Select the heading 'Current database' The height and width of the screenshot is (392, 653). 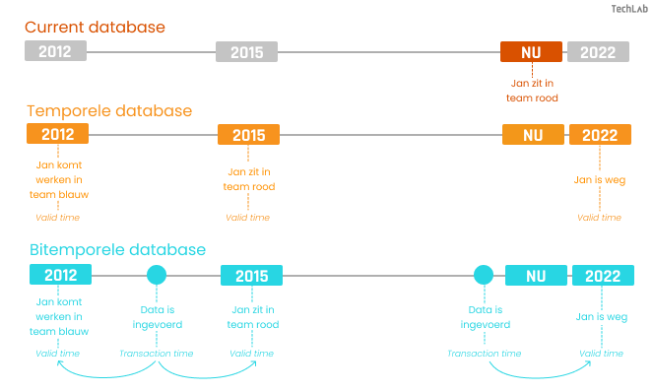(x=95, y=27)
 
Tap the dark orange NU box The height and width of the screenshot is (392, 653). (x=531, y=52)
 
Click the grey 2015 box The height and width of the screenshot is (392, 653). (x=246, y=52)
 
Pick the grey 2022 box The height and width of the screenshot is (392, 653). (x=597, y=52)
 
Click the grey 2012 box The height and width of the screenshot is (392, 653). (x=55, y=51)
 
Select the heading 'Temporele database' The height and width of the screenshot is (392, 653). (x=109, y=111)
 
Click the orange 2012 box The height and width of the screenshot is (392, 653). (x=57, y=134)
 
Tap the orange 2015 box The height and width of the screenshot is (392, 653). (x=248, y=136)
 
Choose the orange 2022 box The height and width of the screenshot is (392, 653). (x=599, y=135)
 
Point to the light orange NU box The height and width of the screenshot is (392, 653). (x=533, y=135)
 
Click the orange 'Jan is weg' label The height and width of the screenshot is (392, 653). (x=599, y=179)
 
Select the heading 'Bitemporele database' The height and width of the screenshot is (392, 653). (x=117, y=249)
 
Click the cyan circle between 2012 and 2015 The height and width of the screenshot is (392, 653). (x=157, y=275)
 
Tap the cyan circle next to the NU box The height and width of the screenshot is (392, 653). (x=483, y=275)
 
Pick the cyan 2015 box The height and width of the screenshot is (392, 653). (x=251, y=276)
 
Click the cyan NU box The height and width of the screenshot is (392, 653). (x=536, y=276)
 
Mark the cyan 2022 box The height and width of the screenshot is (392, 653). (x=602, y=276)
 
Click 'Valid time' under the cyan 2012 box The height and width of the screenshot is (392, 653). (x=58, y=353)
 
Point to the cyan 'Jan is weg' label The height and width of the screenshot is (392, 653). (x=602, y=317)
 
